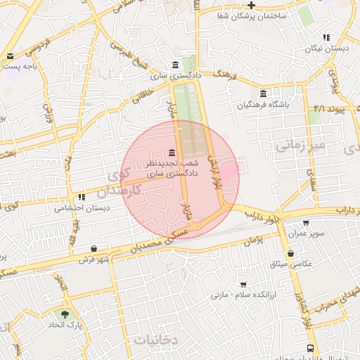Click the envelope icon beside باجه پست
(x=10, y=56)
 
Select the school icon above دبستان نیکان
(x=326, y=37)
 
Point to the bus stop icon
(x=311, y=348)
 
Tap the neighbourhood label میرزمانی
(x=301, y=146)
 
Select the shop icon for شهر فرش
(x=94, y=248)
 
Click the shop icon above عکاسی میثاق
(x=290, y=253)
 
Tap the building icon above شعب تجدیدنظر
(x=172, y=153)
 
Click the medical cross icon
(x=251, y=4)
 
